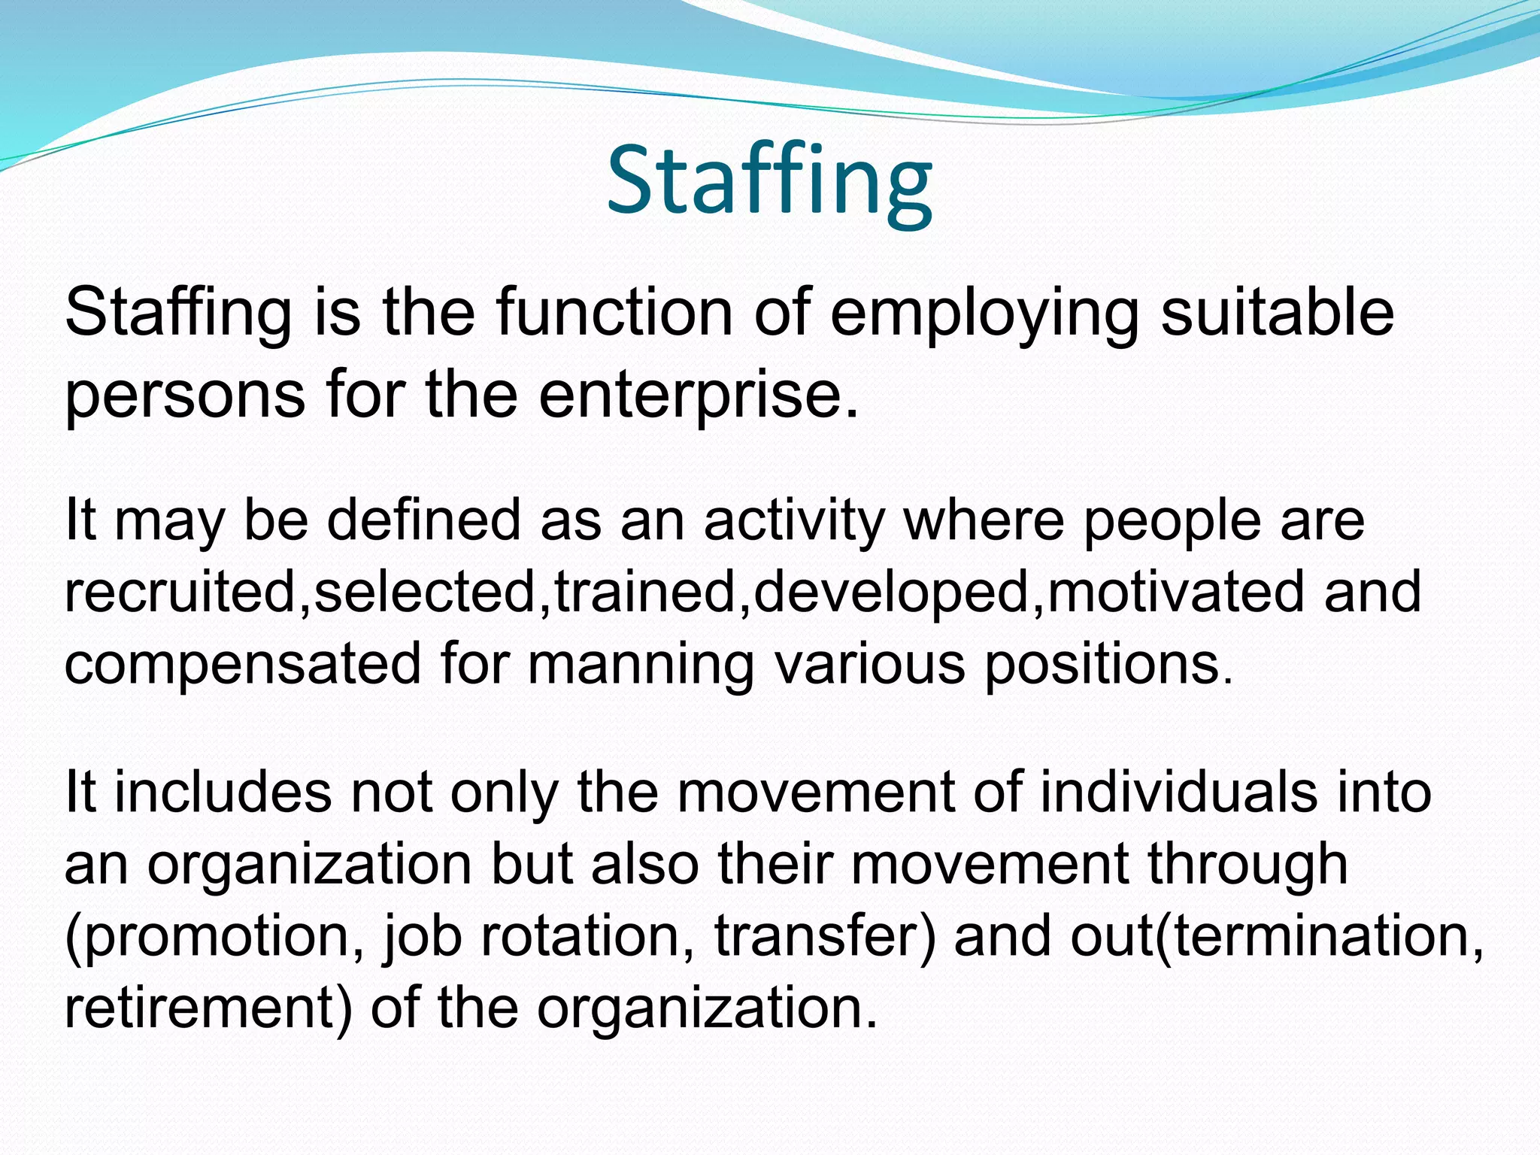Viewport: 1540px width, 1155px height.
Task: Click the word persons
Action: point(185,396)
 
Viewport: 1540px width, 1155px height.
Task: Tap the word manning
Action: point(640,665)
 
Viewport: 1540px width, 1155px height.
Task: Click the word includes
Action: point(223,792)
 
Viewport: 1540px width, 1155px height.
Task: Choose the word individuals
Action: point(1178,792)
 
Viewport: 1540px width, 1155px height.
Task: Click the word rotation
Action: point(587,935)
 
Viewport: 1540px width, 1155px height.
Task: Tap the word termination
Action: point(1320,935)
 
